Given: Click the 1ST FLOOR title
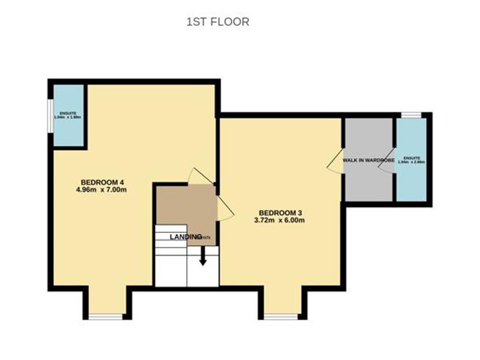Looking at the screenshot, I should [217, 22].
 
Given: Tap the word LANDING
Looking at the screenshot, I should [184, 236].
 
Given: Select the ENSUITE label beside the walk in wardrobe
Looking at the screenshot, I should [412, 160].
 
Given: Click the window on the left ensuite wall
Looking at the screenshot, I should [50, 115].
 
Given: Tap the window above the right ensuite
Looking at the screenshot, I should [411, 114].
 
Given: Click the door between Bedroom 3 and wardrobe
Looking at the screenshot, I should [334, 162].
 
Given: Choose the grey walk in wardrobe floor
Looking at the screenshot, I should [368, 183].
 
